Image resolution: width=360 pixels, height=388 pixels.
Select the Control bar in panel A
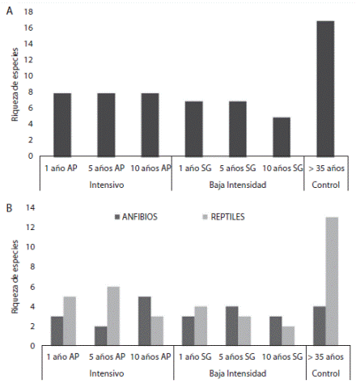click(325, 88)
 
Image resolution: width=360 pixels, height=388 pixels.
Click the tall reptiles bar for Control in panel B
click(332, 281)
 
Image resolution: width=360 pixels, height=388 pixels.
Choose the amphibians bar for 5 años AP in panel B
click(100, 335)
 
